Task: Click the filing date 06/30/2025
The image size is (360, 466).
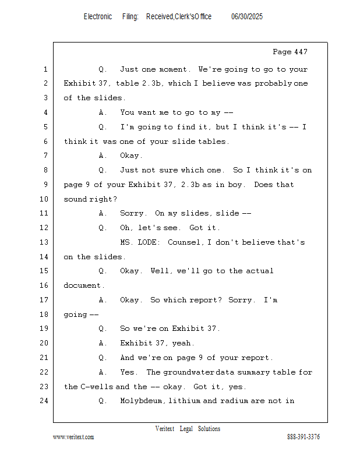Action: point(247,17)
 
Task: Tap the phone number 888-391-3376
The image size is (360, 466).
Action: point(303,437)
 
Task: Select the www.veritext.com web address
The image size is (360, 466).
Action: point(73,437)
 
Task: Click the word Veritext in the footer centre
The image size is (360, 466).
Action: point(165,429)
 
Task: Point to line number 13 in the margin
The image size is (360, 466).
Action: point(44,242)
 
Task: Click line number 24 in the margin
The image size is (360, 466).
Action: point(44,401)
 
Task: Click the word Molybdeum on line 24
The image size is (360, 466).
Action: point(141,401)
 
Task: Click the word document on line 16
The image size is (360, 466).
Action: point(82,285)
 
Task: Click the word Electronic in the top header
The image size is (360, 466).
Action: point(98,17)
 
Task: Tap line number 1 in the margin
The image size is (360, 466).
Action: point(45,69)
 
